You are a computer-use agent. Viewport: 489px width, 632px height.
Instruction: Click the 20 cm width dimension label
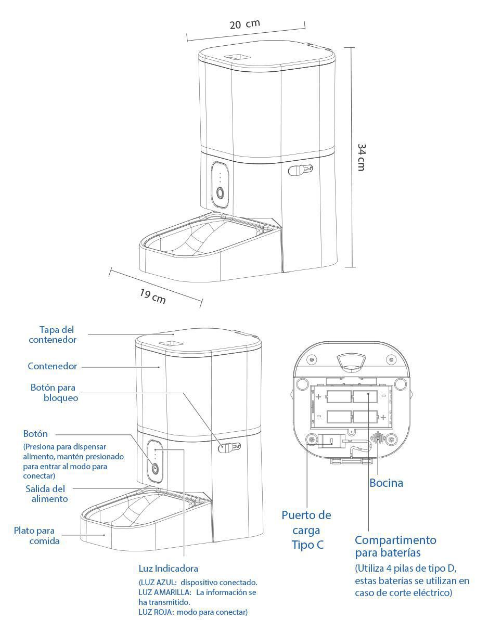244,24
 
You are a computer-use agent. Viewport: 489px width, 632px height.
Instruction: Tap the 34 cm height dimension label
362,157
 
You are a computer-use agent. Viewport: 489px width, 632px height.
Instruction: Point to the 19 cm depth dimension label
152,296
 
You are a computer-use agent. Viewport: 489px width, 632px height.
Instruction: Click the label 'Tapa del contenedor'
53,334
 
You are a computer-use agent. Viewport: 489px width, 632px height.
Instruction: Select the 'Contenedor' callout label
53,366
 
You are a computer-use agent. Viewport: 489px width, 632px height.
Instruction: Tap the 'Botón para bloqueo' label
55,392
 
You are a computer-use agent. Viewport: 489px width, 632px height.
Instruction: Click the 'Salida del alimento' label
46,494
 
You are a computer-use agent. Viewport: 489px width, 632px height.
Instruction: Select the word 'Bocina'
386,483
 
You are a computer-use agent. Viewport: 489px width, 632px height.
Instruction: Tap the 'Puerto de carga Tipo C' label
306,530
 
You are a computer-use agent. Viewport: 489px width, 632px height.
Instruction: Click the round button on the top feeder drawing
220,193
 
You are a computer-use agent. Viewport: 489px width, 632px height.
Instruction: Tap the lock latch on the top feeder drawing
300,170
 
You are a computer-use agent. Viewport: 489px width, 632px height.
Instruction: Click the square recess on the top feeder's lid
238,56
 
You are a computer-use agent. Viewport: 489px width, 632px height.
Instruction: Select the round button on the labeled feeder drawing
155,469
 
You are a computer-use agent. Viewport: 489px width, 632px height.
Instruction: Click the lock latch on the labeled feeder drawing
229,448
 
